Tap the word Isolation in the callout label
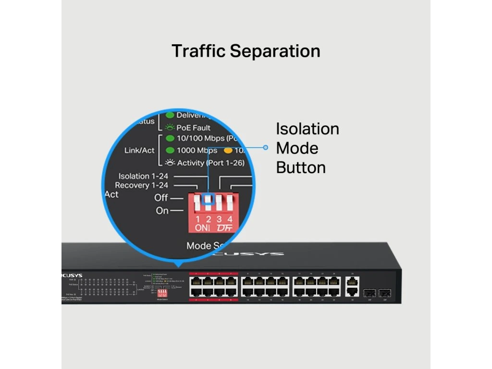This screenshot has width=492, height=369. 307,129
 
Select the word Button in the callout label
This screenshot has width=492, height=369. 300,167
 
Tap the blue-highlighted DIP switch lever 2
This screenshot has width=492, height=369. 208,200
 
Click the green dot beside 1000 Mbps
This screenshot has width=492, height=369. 170,150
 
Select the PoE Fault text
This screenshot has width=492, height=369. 194,128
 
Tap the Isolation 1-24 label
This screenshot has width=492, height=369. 143,176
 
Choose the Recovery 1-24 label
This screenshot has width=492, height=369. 142,185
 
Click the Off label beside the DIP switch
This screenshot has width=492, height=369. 161,197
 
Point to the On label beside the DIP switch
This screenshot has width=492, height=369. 162,211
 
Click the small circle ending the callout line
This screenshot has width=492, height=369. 265,148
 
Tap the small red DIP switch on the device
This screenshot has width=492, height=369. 162,292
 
